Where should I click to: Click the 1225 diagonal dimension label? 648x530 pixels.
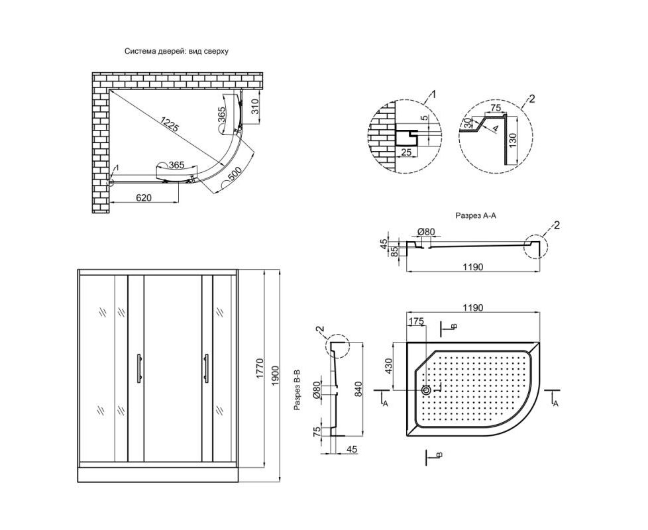(170, 125)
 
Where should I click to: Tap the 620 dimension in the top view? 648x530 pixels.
(143, 198)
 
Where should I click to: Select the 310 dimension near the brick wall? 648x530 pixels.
(255, 107)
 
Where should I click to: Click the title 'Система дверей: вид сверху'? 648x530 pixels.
(176, 52)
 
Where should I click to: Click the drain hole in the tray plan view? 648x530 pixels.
(426, 390)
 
